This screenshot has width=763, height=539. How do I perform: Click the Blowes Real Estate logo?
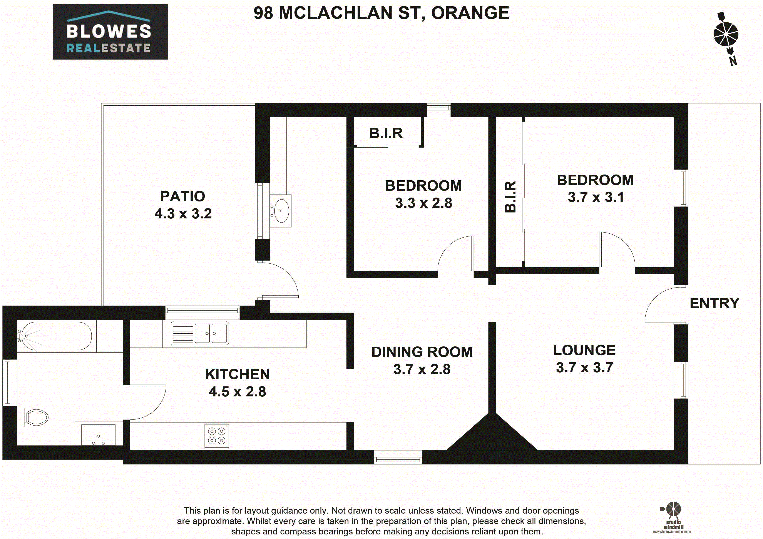point(110,32)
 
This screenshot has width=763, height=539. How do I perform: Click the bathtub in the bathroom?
point(54,336)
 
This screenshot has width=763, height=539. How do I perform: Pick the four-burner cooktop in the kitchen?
point(217,436)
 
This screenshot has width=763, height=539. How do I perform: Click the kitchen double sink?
point(200,333)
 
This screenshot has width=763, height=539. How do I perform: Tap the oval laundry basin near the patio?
point(281,211)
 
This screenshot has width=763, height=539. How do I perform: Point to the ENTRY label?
point(714,303)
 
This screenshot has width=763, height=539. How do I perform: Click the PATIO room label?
point(183,196)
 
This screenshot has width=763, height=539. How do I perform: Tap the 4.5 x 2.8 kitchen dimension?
point(237,392)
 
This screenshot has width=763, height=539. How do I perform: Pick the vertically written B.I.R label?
point(510,197)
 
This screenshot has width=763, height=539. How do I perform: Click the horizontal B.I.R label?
point(386,133)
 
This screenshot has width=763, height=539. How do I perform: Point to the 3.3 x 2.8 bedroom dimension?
point(424,203)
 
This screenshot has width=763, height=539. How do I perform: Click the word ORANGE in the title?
point(470,13)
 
